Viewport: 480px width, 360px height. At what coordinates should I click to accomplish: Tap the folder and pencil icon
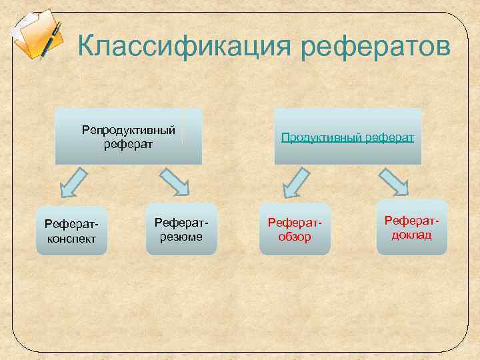(37, 35)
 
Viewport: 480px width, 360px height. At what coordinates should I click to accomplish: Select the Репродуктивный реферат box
(129, 136)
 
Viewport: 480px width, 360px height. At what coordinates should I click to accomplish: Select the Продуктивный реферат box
(347, 137)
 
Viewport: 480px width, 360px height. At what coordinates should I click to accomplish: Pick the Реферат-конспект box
(72, 230)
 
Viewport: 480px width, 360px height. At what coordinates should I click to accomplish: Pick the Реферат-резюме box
(181, 228)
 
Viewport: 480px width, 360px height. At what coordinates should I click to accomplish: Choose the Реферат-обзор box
(295, 228)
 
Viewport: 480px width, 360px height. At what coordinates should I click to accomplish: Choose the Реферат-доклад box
(411, 227)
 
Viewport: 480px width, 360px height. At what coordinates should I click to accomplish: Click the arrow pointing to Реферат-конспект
(73, 182)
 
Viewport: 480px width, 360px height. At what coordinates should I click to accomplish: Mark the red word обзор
(295, 236)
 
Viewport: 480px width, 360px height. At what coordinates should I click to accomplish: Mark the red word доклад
(411, 235)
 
